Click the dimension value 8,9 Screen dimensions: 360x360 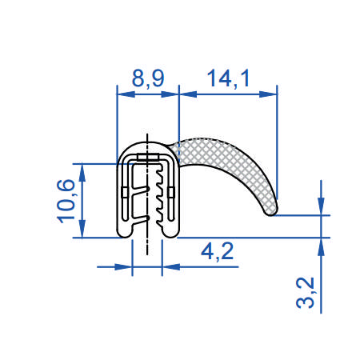(147, 78)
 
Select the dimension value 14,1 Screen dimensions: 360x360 (228, 78)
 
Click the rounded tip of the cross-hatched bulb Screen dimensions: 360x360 (272, 209)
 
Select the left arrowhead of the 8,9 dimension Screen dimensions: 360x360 (122, 94)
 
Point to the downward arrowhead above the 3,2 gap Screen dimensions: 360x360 (321, 209)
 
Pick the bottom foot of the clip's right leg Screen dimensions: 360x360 (170, 231)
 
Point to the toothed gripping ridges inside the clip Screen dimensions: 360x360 (163, 200)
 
